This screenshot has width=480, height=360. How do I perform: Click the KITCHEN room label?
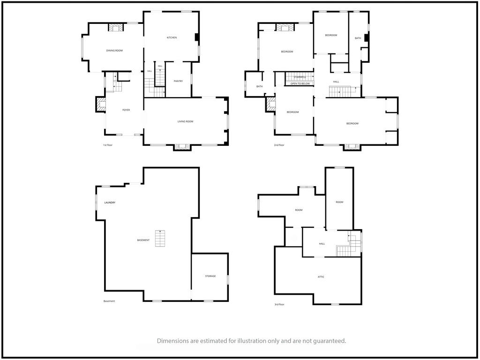pos(172,37)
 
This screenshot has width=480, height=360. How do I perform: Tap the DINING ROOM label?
pos(114,51)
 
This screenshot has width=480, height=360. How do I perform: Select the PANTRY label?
pos(178,81)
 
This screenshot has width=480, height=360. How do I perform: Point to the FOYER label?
pos(126,110)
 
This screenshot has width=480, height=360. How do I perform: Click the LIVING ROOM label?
pos(186,121)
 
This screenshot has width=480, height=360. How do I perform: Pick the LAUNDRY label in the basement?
pos(110,202)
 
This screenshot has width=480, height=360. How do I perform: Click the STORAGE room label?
pos(210,276)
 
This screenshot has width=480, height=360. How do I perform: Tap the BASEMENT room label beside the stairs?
pos(143,240)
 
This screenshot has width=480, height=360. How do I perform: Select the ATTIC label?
pos(321,277)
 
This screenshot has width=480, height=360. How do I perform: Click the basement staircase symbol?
pos(160,239)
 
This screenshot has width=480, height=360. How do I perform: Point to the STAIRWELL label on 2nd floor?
pos(300,77)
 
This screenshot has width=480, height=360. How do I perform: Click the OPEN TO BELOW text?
pos(300,83)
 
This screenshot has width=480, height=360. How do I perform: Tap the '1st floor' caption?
pos(108,145)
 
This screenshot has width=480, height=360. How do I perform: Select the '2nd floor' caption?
pos(279,145)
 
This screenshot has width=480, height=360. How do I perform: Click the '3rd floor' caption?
pos(279,305)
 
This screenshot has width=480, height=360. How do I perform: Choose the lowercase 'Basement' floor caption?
pos(109,301)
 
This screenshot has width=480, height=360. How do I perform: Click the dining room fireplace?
pos(116,27)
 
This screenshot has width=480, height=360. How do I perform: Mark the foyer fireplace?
pos(101,105)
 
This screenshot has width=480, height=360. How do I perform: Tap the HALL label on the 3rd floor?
pos(322,244)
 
